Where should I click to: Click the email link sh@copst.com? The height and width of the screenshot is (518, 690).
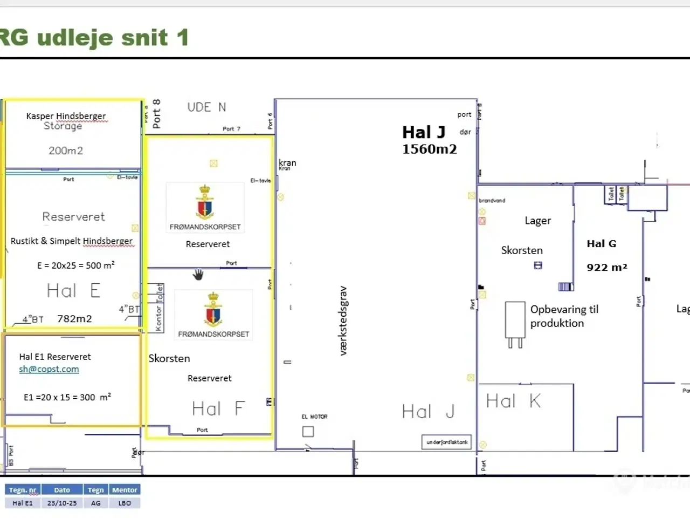click(49, 370)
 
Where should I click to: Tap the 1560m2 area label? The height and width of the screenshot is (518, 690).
click(429, 149)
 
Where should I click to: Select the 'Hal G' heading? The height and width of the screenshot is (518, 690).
click(601, 244)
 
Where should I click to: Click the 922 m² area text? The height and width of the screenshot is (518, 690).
click(606, 267)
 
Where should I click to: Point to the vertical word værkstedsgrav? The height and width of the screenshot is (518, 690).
click(343, 321)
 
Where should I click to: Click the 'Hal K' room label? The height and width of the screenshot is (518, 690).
click(513, 401)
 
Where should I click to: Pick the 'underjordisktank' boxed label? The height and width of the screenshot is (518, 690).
click(447, 442)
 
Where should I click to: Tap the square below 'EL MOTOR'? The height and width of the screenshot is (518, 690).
click(308, 432)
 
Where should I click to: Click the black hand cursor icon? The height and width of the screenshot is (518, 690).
click(198, 275)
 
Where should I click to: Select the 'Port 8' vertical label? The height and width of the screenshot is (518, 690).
click(156, 114)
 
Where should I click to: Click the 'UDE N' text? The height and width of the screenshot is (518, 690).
click(206, 107)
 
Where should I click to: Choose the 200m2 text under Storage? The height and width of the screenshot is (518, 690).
click(66, 151)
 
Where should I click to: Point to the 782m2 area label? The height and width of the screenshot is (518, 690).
click(74, 319)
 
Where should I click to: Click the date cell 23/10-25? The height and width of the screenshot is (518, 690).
click(62, 503)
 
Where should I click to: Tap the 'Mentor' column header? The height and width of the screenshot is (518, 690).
click(125, 490)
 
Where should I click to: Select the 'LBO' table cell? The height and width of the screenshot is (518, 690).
click(125, 503)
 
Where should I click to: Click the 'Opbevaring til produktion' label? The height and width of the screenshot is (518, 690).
click(564, 316)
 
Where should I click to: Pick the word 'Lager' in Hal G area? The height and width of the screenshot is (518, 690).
click(537, 221)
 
